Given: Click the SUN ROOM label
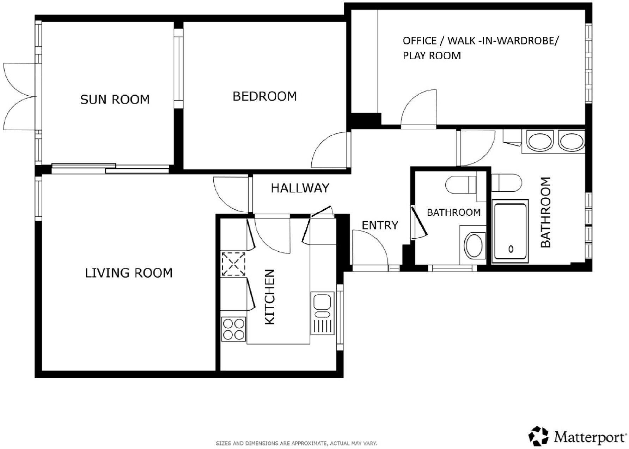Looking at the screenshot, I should (115, 100).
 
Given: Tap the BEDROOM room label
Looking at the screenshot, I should (264, 96).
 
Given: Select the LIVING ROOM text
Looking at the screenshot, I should (129, 273).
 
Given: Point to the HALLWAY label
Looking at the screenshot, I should (300, 188).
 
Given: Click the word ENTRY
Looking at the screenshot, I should (380, 225).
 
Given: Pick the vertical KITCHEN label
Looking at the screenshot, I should (270, 297).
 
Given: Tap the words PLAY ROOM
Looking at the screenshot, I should (432, 56).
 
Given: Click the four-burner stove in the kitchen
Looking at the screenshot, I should (233, 329).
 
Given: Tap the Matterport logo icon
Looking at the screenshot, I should (539, 436).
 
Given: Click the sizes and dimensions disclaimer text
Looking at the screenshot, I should (296, 443).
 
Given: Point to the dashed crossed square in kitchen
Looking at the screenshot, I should (233, 264).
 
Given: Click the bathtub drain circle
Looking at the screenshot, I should (511, 249).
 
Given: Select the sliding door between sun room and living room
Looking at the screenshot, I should (110, 168).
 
